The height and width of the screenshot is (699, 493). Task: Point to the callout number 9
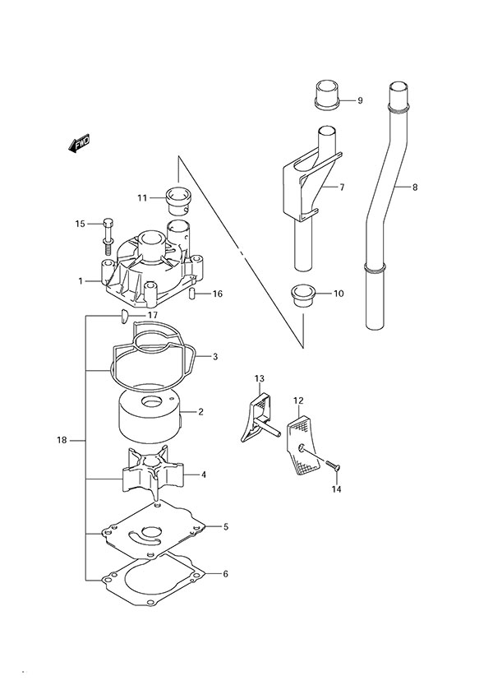[359, 101]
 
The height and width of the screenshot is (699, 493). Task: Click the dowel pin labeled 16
[191, 294]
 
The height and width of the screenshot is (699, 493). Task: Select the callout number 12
[299, 400]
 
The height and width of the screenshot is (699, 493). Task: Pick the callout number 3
[214, 356]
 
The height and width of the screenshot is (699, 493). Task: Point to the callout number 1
[81, 281]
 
